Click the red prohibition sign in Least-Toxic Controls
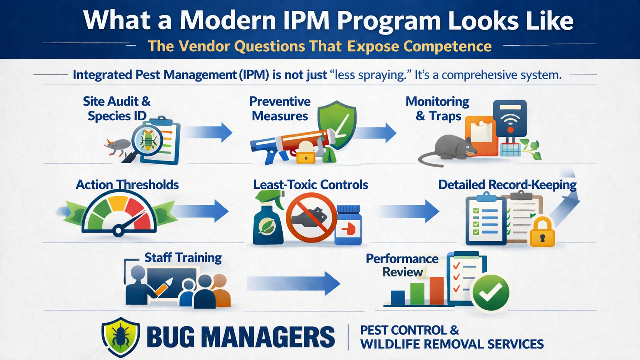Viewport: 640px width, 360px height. click(311, 218)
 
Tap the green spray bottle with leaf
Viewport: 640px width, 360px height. click(268, 222)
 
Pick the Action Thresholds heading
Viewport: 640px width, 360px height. click(127, 185)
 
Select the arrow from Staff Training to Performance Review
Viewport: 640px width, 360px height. click(293, 283)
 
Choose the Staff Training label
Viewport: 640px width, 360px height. click(183, 257)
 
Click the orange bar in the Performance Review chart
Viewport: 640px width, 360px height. click(436, 291)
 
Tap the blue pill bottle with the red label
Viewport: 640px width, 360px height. click(348, 226)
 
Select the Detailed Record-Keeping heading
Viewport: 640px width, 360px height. click(507, 185)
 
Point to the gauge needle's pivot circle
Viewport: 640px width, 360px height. click(118, 231)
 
